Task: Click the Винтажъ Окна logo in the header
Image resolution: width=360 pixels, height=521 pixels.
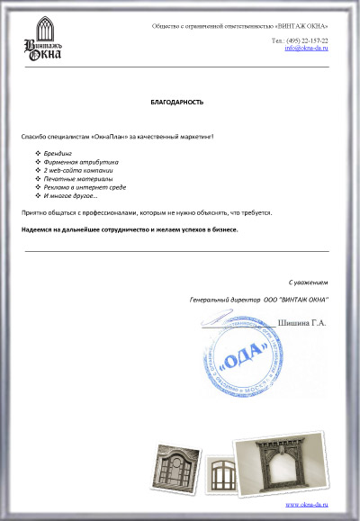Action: pos(44,42)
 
